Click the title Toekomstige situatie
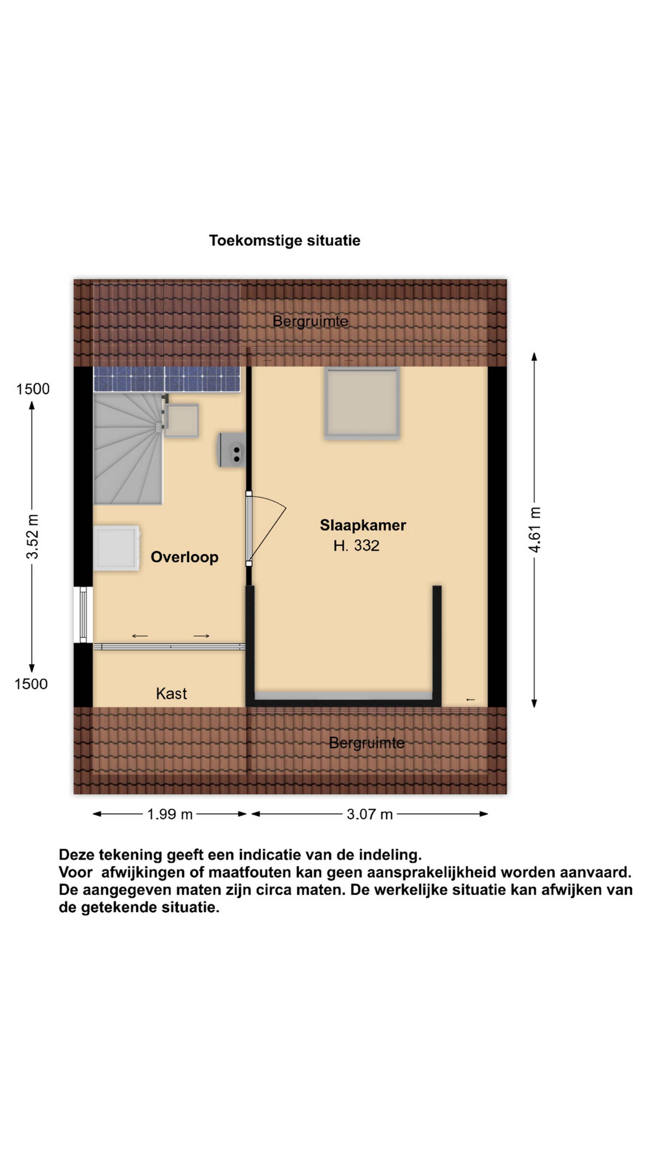coord(284,241)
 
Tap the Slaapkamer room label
coord(363,525)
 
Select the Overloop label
coord(184,557)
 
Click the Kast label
coord(172,693)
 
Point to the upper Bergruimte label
coord(310,321)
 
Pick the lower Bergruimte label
coord(367,743)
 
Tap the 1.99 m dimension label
coord(170,814)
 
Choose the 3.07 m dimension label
coord(370,814)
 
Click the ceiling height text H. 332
coord(356,546)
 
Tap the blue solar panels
coord(166,379)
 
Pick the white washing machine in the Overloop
coord(117,548)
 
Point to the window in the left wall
coord(83,614)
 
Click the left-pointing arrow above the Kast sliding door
coord(140,636)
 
